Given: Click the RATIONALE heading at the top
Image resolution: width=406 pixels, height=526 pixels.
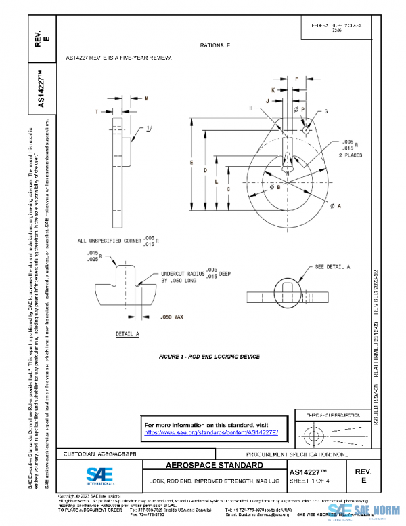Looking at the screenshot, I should pyautogui.click(x=215, y=45).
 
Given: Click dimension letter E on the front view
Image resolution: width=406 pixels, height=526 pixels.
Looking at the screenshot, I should pyautogui.click(x=193, y=163).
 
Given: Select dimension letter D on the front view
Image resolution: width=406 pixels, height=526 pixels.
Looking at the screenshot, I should pyautogui.click(x=206, y=171).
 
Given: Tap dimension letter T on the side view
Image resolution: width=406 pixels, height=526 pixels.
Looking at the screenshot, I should pyautogui.click(x=97, y=111).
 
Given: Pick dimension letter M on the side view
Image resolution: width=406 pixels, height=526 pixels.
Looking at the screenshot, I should pyautogui.click(x=146, y=99).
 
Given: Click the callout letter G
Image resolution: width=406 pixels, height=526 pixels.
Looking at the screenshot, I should pyautogui.click(x=325, y=110).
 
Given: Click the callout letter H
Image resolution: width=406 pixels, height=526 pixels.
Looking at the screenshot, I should pyautogui.click(x=250, y=108).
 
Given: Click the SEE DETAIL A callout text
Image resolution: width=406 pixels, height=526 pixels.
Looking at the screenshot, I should pyautogui.click(x=332, y=268).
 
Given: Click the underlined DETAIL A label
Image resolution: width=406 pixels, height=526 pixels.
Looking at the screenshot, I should pyautogui.click(x=127, y=334).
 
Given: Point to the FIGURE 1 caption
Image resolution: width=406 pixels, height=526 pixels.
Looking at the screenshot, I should pyautogui.click(x=209, y=356).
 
